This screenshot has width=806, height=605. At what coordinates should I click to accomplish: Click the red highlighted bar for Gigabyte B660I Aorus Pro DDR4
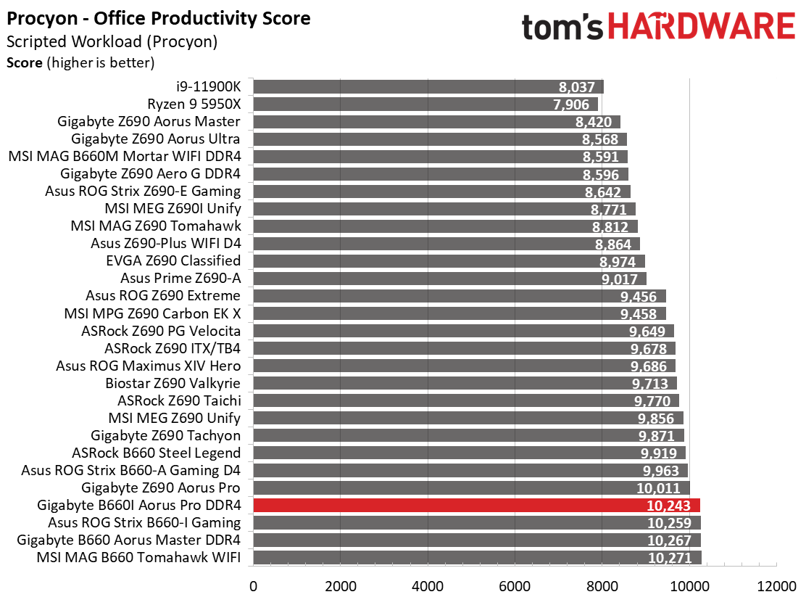[x=476, y=505]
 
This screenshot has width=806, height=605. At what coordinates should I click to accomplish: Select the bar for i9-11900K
[x=428, y=86]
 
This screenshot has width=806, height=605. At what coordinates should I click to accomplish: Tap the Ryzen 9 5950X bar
[x=425, y=104]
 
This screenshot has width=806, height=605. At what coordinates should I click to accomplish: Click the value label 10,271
[x=669, y=558]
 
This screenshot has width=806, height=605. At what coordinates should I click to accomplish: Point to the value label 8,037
[x=577, y=88]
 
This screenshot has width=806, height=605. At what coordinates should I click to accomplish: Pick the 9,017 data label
[x=620, y=279]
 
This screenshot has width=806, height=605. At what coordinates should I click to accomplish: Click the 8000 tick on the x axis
[x=602, y=586]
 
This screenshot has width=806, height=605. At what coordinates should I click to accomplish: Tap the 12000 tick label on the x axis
[x=776, y=586]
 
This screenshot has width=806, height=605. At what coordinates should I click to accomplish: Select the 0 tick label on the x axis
[x=254, y=586]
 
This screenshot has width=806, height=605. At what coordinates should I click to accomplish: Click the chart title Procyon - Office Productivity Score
[x=158, y=19]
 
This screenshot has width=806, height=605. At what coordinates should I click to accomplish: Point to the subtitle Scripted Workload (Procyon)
[x=112, y=41]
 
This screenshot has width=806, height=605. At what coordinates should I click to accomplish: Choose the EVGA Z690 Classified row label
[x=173, y=261]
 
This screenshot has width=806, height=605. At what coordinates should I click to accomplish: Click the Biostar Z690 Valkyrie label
[x=173, y=383]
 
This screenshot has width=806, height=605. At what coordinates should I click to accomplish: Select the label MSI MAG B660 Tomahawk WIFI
[x=138, y=557]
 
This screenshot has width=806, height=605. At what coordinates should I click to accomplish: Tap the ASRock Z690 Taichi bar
[x=466, y=400]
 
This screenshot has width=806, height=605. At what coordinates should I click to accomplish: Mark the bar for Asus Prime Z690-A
[x=450, y=279]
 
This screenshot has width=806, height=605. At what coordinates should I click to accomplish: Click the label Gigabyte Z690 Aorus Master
[x=149, y=121]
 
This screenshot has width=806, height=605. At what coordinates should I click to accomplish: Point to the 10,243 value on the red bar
[x=669, y=506]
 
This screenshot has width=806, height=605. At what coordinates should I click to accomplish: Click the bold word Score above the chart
[x=24, y=63]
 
